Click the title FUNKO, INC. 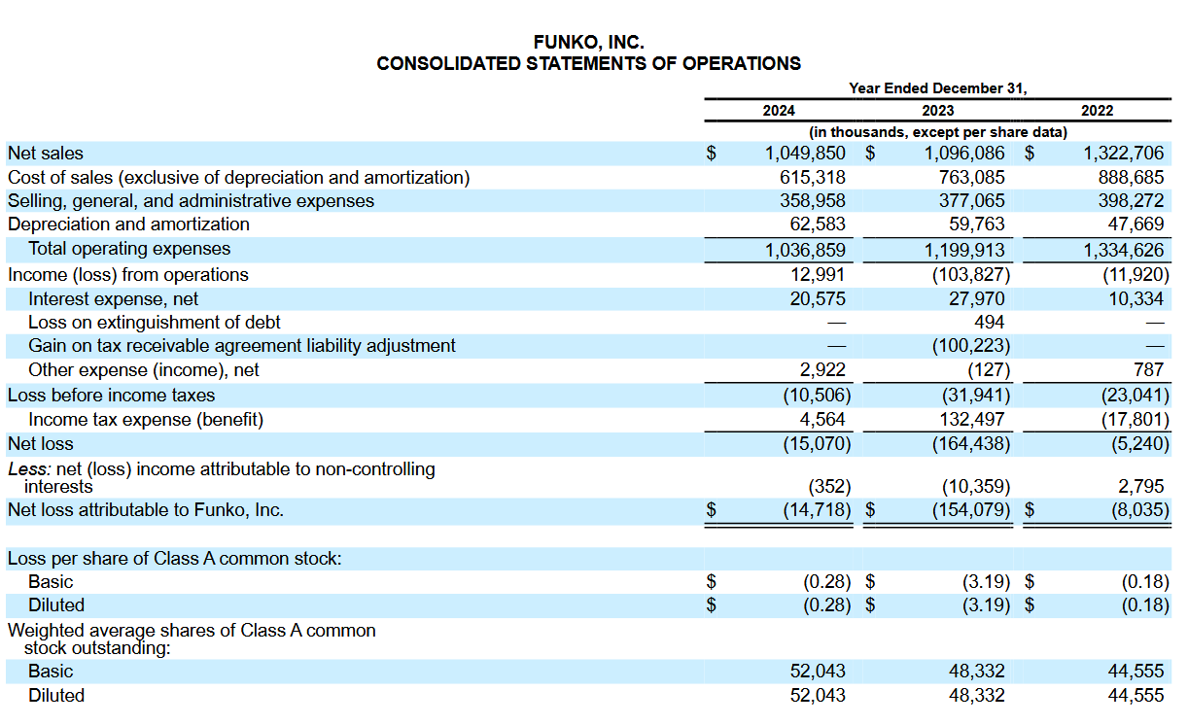(x=588, y=43)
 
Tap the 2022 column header (x=1097, y=111)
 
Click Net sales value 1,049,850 (x=805, y=154)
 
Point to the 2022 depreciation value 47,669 (x=1135, y=224)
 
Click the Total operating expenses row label (x=129, y=249)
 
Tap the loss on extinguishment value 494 (x=989, y=322)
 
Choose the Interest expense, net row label (x=113, y=299)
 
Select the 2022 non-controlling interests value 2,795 (x=1140, y=486)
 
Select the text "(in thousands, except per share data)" (x=937, y=132)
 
